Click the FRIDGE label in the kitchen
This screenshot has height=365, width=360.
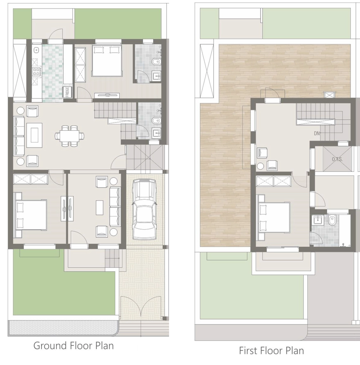click(x=67, y=92)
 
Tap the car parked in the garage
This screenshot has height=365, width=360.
click(x=144, y=209)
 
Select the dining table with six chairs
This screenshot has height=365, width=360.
click(x=70, y=136)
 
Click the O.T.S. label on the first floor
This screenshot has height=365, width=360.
click(x=338, y=159)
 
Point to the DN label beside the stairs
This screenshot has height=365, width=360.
click(x=317, y=133)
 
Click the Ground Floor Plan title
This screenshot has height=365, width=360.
click(x=73, y=346)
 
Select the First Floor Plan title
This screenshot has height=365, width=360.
click(x=272, y=351)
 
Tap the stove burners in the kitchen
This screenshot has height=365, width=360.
click(x=36, y=72)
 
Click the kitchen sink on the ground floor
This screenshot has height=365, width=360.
click(x=36, y=50)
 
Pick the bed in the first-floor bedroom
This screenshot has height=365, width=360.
click(x=274, y=217)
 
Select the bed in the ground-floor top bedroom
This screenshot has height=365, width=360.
click(x=107, y=60)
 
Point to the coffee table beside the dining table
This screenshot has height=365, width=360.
click(x=34, y=135)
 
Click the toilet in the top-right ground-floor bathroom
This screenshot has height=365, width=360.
click(x=156, y=62)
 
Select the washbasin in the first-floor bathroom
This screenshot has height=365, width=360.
click(x=317, y=220)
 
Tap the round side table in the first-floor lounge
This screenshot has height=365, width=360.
click(x=260, y=166)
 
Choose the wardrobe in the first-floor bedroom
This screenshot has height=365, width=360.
click(x=274, y=181)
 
